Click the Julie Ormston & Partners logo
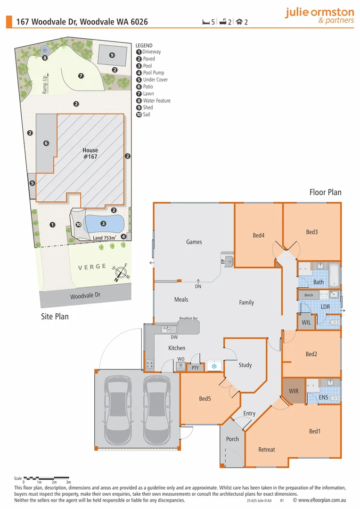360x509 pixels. coord(319,16)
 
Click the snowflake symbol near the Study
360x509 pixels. coord(214,366)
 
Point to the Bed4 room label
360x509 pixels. coord(258,235)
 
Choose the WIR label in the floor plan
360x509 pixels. coord(294,391)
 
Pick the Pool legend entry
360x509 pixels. coord(147,66)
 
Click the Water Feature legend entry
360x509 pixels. coord(156,101)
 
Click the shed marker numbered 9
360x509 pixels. coord(112,55)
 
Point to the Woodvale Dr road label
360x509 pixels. coord(85,296)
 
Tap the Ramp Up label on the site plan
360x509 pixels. coord(45,83)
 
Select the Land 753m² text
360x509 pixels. coord(104,238)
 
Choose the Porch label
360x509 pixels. coord(232,439)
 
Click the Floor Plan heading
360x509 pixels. coord(325,192)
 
